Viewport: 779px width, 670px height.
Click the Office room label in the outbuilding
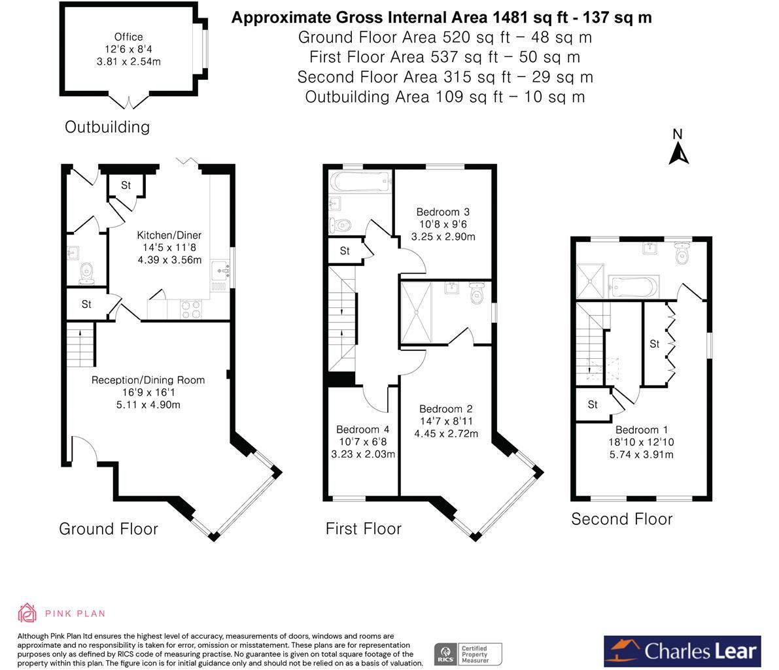pyautogui.click(x=129, y=37)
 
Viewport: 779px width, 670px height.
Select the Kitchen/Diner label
pyautogui.click(x=169, y=235)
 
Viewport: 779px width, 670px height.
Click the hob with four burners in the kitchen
pyautogui.click(x=191, y=309)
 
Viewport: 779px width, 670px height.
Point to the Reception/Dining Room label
pyautogui.click(x=148, y=380)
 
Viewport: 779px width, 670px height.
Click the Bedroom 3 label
pyautogui.click(x=443, y=212)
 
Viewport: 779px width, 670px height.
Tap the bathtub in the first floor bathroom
pyautogui.click(x=361, y=182)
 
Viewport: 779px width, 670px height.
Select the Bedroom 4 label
pyautogui.click(x=362, y=429)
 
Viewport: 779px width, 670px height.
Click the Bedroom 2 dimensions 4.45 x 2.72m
pyautogui.click(x=446, y=433)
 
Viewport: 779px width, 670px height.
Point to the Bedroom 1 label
pyautogui.click(x=642, y=430)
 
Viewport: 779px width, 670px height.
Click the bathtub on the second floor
pyautogui.click(x=634, y=287)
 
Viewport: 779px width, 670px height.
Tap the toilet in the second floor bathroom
pyautogui.click(x=683, y=254)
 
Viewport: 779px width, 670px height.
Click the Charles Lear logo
pyautogui.click(x=682, y=651)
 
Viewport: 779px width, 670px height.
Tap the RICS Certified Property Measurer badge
pyautogui.click(x=468, y=654)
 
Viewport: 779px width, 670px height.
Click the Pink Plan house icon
pyautogui.click(x=27, y=613)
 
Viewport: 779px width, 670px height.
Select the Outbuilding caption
pyautogui.click(x=107, y=127)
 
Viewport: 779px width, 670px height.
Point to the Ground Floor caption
pyautogui.click(x=109, y=529)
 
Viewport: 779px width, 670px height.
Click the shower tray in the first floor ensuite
pyautogui.click(x=417, y=313)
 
